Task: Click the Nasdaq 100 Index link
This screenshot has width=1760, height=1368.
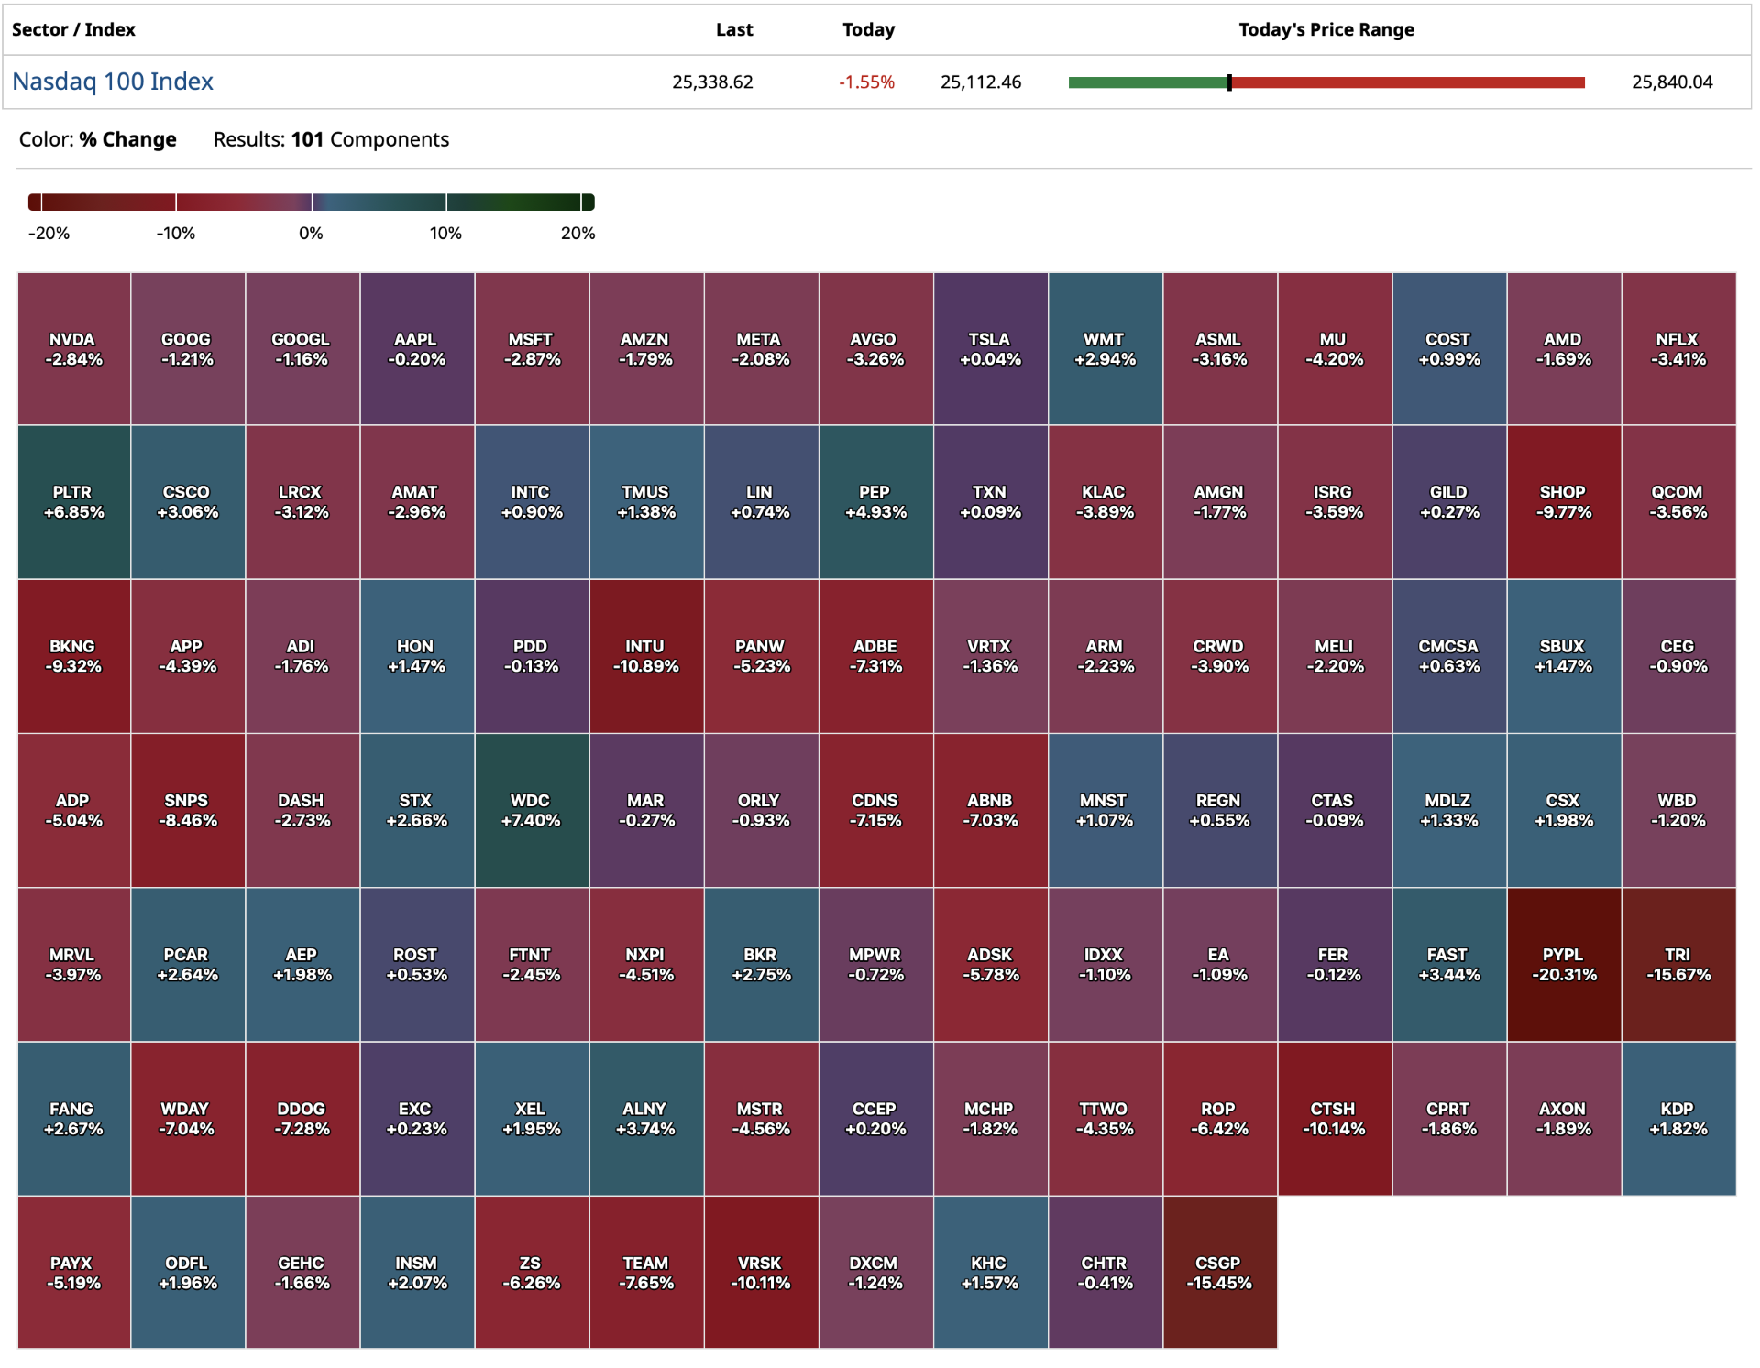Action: click(x=113, y=82)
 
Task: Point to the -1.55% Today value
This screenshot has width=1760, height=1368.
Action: click(x=865, y=82)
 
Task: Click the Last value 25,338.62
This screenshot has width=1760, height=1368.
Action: click(x=712, y=82)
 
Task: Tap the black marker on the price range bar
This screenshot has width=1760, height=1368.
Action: click(x=1229, y=82)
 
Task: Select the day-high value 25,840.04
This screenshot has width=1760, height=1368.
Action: click(x=1671, y=82)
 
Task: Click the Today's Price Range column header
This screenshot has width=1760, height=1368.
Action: click(x=1325, y=29)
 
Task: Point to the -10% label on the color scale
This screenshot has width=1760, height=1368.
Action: click(x=175, y=234)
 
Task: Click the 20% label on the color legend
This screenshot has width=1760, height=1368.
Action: click(x=577, y=234)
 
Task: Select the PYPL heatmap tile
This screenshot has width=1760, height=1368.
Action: click(x=1563, y=964)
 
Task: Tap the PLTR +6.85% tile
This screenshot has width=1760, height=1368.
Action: click(x=73, y=502)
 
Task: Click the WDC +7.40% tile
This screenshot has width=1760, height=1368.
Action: click(x=531, y=810)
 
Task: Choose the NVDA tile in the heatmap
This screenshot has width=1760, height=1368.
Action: click(x=73, y=348)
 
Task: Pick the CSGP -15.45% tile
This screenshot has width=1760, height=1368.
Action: click(x=1219, y=1272)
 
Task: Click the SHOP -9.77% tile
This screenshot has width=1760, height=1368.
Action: click(x=1563, y=502)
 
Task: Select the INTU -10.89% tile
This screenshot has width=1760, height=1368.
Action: click(x=645, y=656)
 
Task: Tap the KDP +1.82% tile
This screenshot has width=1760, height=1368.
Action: click(x=1677, y=1118)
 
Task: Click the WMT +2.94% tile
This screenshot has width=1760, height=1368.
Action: click(x=1105, y=348)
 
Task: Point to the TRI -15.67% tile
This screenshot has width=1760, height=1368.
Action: click(x=1677, y=964)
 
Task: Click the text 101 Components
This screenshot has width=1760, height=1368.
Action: click(x=369, y=139)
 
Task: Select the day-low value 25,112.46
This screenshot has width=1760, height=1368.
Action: click(x=980, y=82)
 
